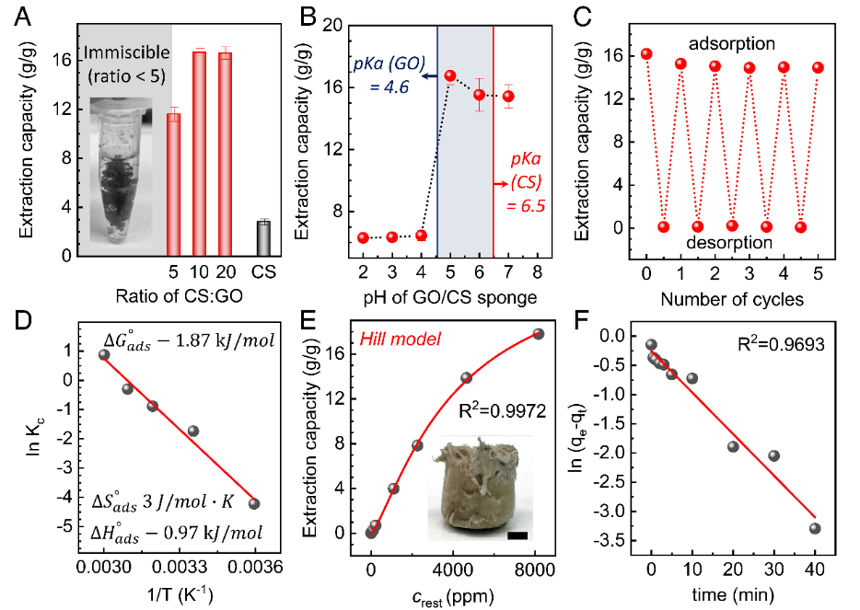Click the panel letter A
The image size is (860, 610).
[x=17, y=17]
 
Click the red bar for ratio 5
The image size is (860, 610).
[x=173, y=184]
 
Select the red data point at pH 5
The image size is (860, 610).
[x=450, y=75]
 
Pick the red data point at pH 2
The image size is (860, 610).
[x=363, y=237]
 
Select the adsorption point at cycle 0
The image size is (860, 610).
[x=646, y=54]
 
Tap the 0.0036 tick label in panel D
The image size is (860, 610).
[x=254, y=572]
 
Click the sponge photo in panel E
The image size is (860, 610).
[x=478, y=489]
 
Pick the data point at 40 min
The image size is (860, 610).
[x=815, y=528]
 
